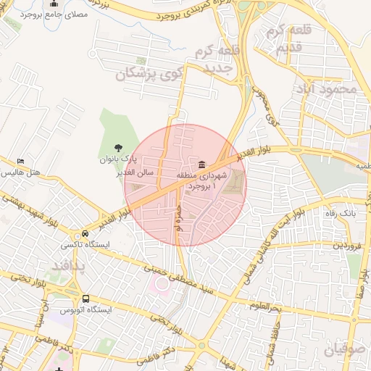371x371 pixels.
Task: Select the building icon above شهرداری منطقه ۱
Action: point(201,163)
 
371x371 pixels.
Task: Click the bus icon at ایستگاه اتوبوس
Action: point(86,299)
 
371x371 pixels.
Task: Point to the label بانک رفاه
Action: point(338,214)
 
